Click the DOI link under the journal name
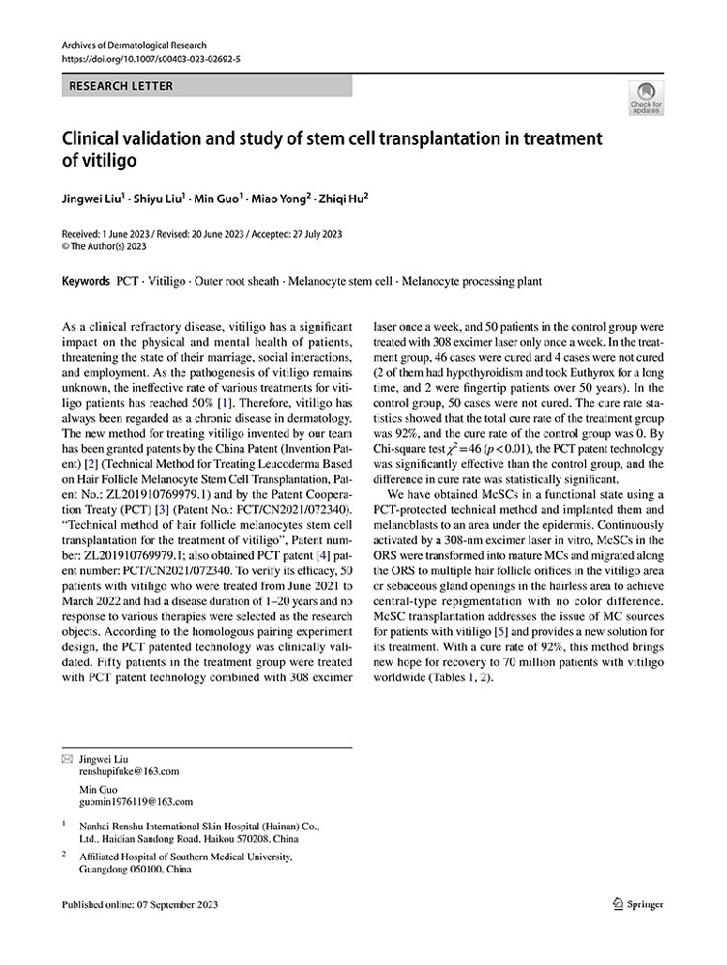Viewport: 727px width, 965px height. coord(151,60)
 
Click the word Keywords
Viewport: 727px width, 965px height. coord(84,282)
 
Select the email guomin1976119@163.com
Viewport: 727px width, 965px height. coord(135,801)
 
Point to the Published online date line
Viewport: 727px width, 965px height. coord(139,904)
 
